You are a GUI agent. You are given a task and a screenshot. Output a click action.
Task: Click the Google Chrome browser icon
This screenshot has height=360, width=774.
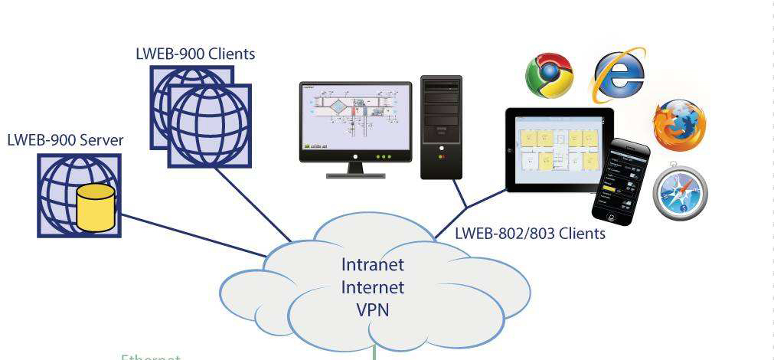click(549, 74)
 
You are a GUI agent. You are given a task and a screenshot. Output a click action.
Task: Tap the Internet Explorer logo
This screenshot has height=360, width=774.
click(618, 75)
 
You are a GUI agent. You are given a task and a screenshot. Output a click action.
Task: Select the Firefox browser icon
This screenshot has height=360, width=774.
click(678, 125)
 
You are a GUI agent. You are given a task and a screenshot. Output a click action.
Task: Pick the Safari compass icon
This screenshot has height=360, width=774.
click(679, 188)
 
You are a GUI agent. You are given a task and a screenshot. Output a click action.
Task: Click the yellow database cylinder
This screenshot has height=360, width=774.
click(96, 208)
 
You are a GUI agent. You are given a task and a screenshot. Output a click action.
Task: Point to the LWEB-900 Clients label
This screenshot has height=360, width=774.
click(194, 54)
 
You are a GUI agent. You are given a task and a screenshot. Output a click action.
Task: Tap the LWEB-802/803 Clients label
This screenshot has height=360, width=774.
click(530, 233)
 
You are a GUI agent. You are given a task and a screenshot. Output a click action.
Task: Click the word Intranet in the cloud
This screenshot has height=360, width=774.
click(373, 266)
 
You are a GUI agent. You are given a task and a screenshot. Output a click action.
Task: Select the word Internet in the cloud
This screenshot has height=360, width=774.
click(373, 288)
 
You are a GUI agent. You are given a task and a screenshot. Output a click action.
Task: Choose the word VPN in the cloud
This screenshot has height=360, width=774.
click(373, 311)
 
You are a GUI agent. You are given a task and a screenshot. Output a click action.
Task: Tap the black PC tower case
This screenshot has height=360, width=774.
click(442, 126)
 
